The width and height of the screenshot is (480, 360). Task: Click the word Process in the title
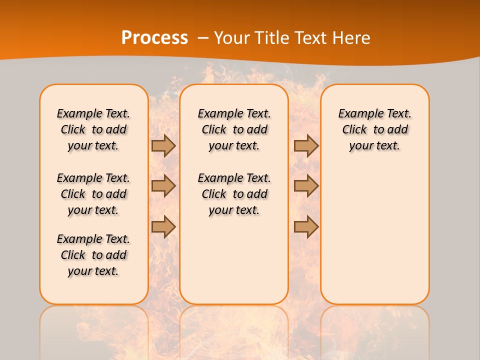click(x=154, y=38)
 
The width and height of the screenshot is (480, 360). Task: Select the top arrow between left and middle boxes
click(x=163, y=145)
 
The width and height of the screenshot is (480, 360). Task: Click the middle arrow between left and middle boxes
click(x=163, y=186)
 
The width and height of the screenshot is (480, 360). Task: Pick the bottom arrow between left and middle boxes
click(x=163, y=226)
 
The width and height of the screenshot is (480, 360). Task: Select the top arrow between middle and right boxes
click(x=306, y=145)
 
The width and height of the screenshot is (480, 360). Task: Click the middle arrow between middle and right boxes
click(x=306, y=186)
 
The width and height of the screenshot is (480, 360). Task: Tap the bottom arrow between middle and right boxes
click(x=306, y=226)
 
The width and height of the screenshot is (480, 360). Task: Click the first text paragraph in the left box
click(x=93, y=129)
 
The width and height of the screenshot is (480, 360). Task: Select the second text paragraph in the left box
click(x=93, y=194)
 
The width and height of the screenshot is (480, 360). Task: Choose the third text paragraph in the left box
click(x=93, y=255)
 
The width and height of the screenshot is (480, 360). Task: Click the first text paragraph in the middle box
click(x=234, y=129)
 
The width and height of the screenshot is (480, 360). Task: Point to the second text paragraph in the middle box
click(x=234, y=194)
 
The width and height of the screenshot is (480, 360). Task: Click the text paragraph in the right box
click(x=374, y=129)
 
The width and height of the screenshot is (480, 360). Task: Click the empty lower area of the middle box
click(x=234, y=260)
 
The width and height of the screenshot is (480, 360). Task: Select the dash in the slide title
click(x=203, y=38)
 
